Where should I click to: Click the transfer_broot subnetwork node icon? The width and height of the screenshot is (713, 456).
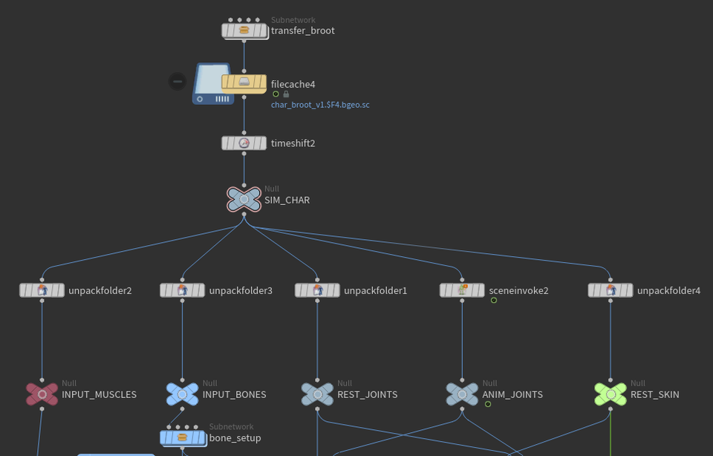[x=244, y=30]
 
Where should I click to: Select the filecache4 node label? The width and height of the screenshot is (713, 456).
[x=293, y=85]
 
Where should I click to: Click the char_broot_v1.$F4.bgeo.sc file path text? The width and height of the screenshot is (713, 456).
[x=320, y=105]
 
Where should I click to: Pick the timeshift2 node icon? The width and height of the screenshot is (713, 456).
[x=244, y=143]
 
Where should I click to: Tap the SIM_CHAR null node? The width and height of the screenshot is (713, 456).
[x=244, y=199]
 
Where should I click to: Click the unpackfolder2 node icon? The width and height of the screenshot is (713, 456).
[x=42, y=290]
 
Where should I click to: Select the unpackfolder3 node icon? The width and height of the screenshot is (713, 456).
[x=183, y=290]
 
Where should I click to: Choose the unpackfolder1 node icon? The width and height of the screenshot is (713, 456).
[x=317, y=290]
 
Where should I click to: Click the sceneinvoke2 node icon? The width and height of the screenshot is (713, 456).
[x=462, y=290]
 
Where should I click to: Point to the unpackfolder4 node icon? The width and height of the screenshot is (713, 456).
[x=611, y=290]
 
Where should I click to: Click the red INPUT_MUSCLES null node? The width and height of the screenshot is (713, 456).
[x=42, y=394]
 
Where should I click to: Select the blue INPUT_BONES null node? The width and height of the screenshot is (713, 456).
[x=183, y=394]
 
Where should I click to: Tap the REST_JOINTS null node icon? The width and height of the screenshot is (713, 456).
[x=317, y=394]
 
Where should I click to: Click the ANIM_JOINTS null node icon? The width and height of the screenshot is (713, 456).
[x=462, y=394]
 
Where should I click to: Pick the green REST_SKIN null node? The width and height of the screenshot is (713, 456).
[x=611, y=394]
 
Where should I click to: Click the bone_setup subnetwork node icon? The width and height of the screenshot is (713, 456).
[x=182, y=437]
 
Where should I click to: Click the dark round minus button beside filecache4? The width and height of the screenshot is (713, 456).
[x=177, y=81]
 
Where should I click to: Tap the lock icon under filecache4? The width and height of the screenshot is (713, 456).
[x=286, y=94]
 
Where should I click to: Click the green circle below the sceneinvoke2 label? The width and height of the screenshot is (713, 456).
[x=493, y=300]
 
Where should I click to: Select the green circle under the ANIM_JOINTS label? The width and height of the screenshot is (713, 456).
[x=488, y=404]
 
